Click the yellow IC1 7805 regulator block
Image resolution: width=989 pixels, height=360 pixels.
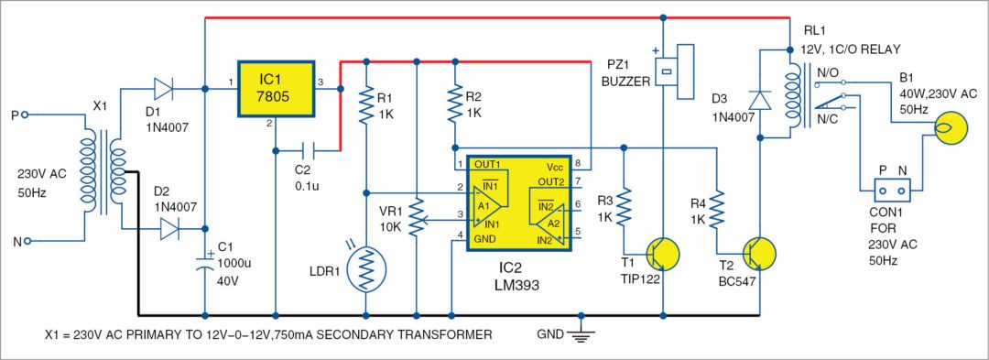[x=277, y=89]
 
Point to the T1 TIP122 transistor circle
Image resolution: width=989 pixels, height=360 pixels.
[x=662, y=253]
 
